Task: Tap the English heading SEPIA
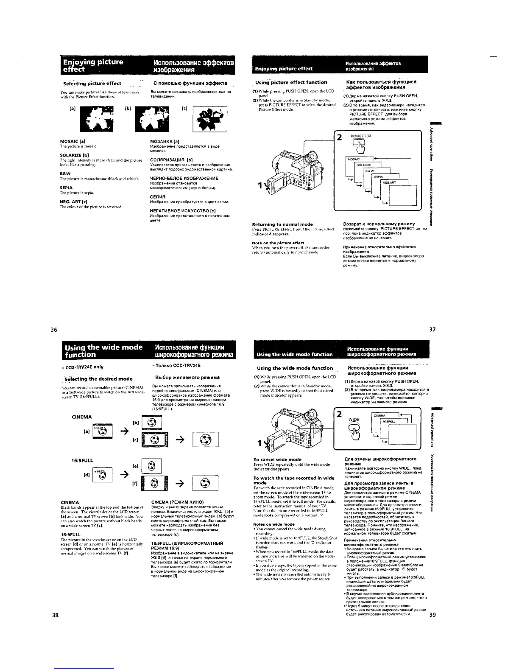click(x=66, y=187)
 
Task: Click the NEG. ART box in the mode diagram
click(x=391, y=182)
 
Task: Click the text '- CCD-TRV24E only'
click(x=83, y=367)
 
